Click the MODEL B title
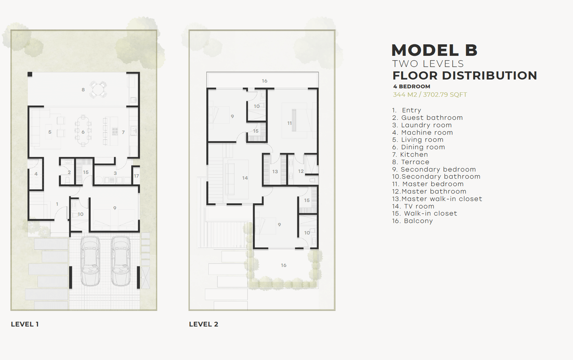[434, 50]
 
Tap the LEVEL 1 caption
[25, 324]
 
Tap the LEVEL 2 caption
[204, 324]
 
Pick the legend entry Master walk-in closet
[437, 199]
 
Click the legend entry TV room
[413, 206]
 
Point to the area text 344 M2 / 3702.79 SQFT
[430, 95]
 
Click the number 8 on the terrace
[83, 90]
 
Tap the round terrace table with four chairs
[98, 89]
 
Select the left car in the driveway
[90, 261]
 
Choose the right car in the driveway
[121, 261]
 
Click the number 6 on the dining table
[83, 132]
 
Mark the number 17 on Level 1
[136, 176]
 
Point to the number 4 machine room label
[36, 174]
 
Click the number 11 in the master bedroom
[289, 123]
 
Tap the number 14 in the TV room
[245, 178]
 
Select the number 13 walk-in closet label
[275, 172]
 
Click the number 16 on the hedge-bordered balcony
[284, 265]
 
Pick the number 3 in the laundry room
[115, 173]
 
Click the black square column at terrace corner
[30, 74]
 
